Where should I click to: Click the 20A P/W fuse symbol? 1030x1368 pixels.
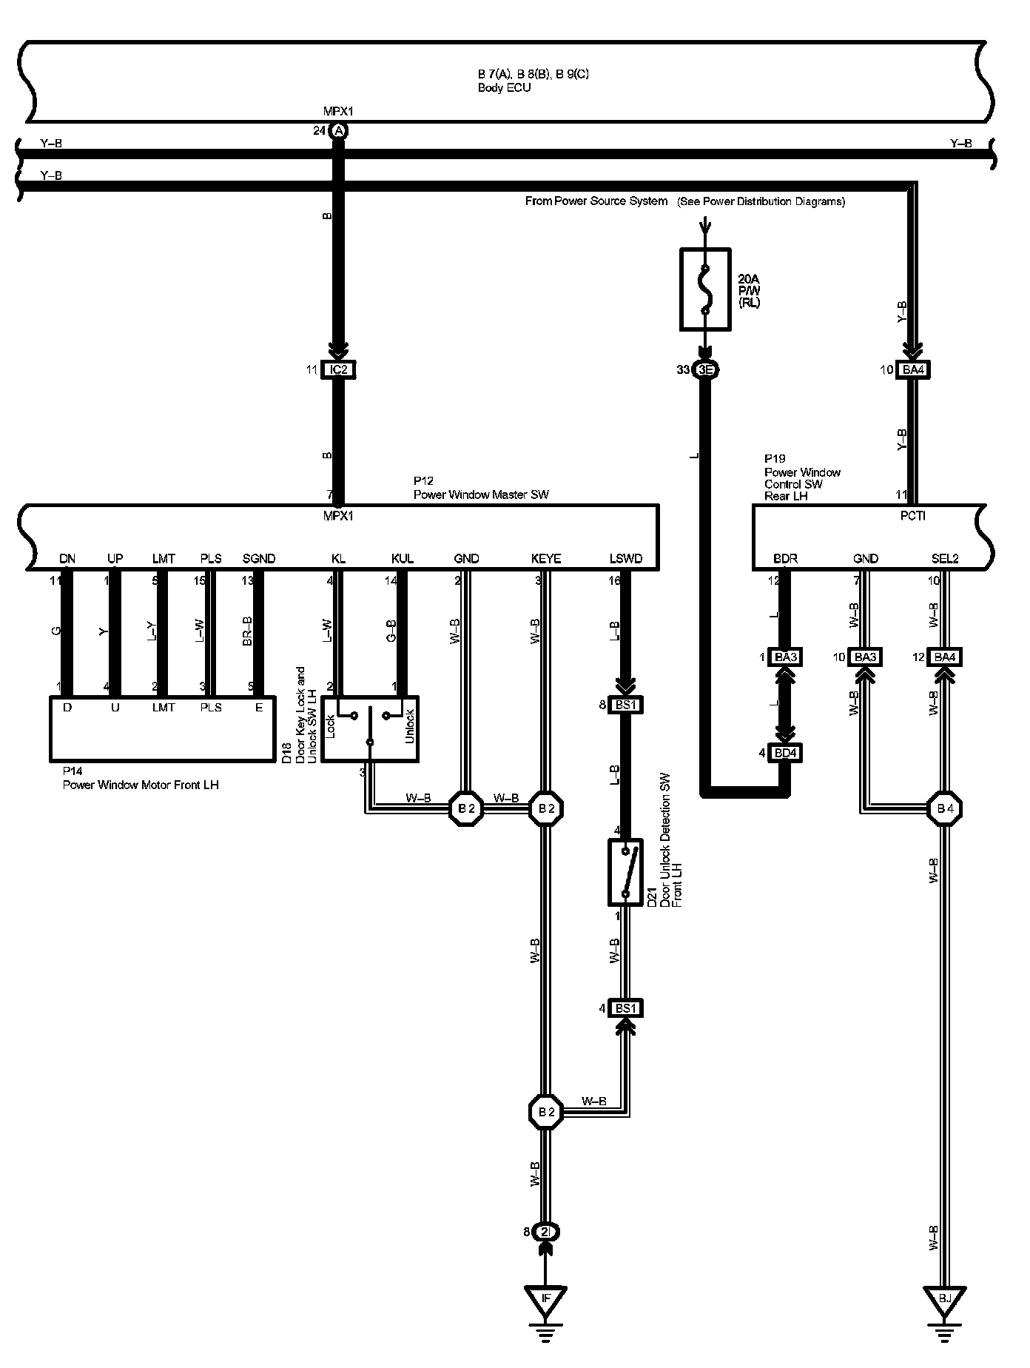pyautogui.click(x=705, y=289)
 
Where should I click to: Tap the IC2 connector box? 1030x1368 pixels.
pyautogui.click(x=338, y=369)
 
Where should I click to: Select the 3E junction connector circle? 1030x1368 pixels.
pyautogui.click(x=705, y=369)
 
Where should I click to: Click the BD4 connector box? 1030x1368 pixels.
pyautogui.click(x=786, y=754)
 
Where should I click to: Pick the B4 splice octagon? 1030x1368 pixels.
pyautogui.click(x=944, y=808)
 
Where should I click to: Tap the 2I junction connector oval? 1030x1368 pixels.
pyautogui.click(x=545, y=1233)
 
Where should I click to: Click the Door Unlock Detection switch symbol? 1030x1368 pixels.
pyautogui.click(x=625, y=871)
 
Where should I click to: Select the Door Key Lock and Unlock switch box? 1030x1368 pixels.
pyautogui.click(x=371, y=728)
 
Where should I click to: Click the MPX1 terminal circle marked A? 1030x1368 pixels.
pyautogui.click(x=338, y=131)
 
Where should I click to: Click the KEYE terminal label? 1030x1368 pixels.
pyautogui.click(x=546, y=559)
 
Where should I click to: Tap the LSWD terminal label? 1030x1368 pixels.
pyautogui.click(x=625, y=559)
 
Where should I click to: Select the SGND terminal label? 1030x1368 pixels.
pyautogui.click(x=259, y=559)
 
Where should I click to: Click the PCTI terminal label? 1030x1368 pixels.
pyautogui.click(x=913, y=516)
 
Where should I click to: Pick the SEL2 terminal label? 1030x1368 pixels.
pyautogui.click(x=945, y=559)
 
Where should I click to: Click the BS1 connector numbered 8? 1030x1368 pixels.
pyautogui.click(x=625, y=705)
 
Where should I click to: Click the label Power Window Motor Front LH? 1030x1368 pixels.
pyautogui.click(x=141, y=785)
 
